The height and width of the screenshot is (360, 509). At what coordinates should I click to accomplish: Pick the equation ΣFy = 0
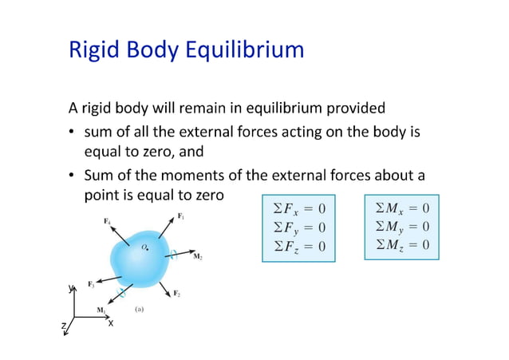(x=300, y=227)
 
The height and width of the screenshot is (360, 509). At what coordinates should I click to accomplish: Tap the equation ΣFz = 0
(x=300, y=245)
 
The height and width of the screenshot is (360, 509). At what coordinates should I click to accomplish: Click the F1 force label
(x=182, y=216)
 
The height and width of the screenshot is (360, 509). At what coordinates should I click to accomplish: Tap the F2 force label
(x=177, y=294)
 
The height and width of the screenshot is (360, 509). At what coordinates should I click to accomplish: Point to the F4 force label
(x=106, y=221)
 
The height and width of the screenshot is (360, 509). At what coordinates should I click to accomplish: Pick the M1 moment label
(x=101, y=310)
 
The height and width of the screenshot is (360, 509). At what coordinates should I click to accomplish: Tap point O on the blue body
(x=144, y=248)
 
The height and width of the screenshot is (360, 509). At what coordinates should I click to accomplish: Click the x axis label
(x=111, y=322)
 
